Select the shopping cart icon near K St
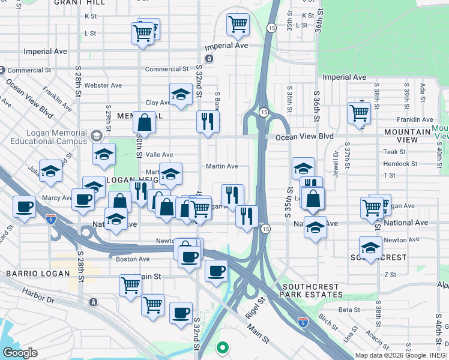(x=238, y=24)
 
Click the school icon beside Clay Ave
(x=180, y=94)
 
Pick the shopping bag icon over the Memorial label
(x=144, y=122)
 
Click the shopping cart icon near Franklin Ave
(x=359, y=112)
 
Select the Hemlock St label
(x=400, y=164)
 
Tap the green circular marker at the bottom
(x=222, y=347)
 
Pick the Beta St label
(x=348, y=310)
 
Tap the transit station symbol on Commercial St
(x=208, y=59)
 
